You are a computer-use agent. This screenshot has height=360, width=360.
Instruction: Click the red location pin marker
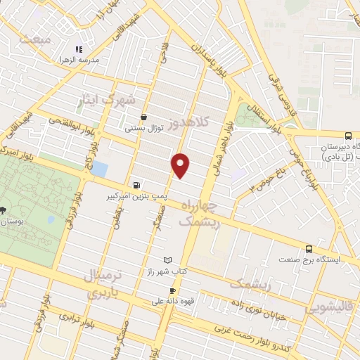coord(181,165)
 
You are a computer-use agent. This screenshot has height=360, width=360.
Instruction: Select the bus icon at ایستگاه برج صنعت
coord(309,249)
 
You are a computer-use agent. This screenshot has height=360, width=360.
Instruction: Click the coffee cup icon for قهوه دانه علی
coord(172,290)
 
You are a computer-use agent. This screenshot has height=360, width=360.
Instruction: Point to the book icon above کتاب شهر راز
coord(167,260)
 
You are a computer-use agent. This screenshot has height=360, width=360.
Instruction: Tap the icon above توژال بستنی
coord(144,117)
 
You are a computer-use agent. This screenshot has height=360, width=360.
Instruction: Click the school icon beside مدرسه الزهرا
coord(79,50)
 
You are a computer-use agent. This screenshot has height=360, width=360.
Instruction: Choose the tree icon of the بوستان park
coord(3,210)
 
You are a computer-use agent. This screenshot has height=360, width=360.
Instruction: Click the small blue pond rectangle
coord(99,169)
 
